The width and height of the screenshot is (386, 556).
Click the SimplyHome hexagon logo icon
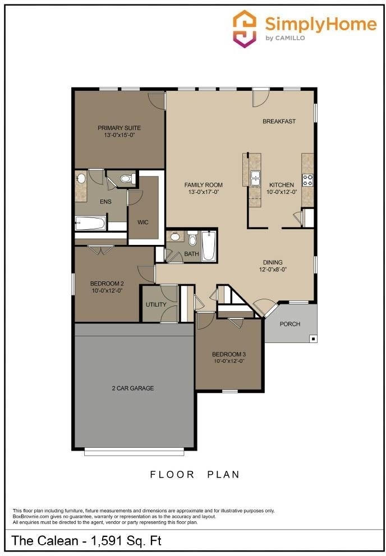244,29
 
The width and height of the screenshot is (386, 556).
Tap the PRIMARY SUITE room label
120,128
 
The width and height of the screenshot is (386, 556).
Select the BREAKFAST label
279,121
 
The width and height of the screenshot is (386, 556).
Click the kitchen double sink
255,178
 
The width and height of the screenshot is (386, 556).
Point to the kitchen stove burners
307,180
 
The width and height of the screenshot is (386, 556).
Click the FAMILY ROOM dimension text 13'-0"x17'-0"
204,192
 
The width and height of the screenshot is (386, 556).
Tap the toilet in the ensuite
127,178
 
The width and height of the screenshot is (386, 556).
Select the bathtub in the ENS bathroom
90,223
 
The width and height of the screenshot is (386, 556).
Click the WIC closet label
143,223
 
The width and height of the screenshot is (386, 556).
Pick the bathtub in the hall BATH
209,245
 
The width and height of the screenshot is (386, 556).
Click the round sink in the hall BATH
175,236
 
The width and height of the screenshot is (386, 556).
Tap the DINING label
273,262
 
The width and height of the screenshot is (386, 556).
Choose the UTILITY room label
156,304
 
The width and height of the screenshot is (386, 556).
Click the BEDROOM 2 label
107,283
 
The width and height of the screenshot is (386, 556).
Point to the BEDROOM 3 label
229,354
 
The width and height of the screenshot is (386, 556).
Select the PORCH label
289,324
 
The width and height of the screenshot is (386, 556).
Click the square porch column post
313,339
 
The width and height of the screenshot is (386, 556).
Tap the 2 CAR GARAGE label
133,388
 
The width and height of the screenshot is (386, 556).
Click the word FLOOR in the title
172,474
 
